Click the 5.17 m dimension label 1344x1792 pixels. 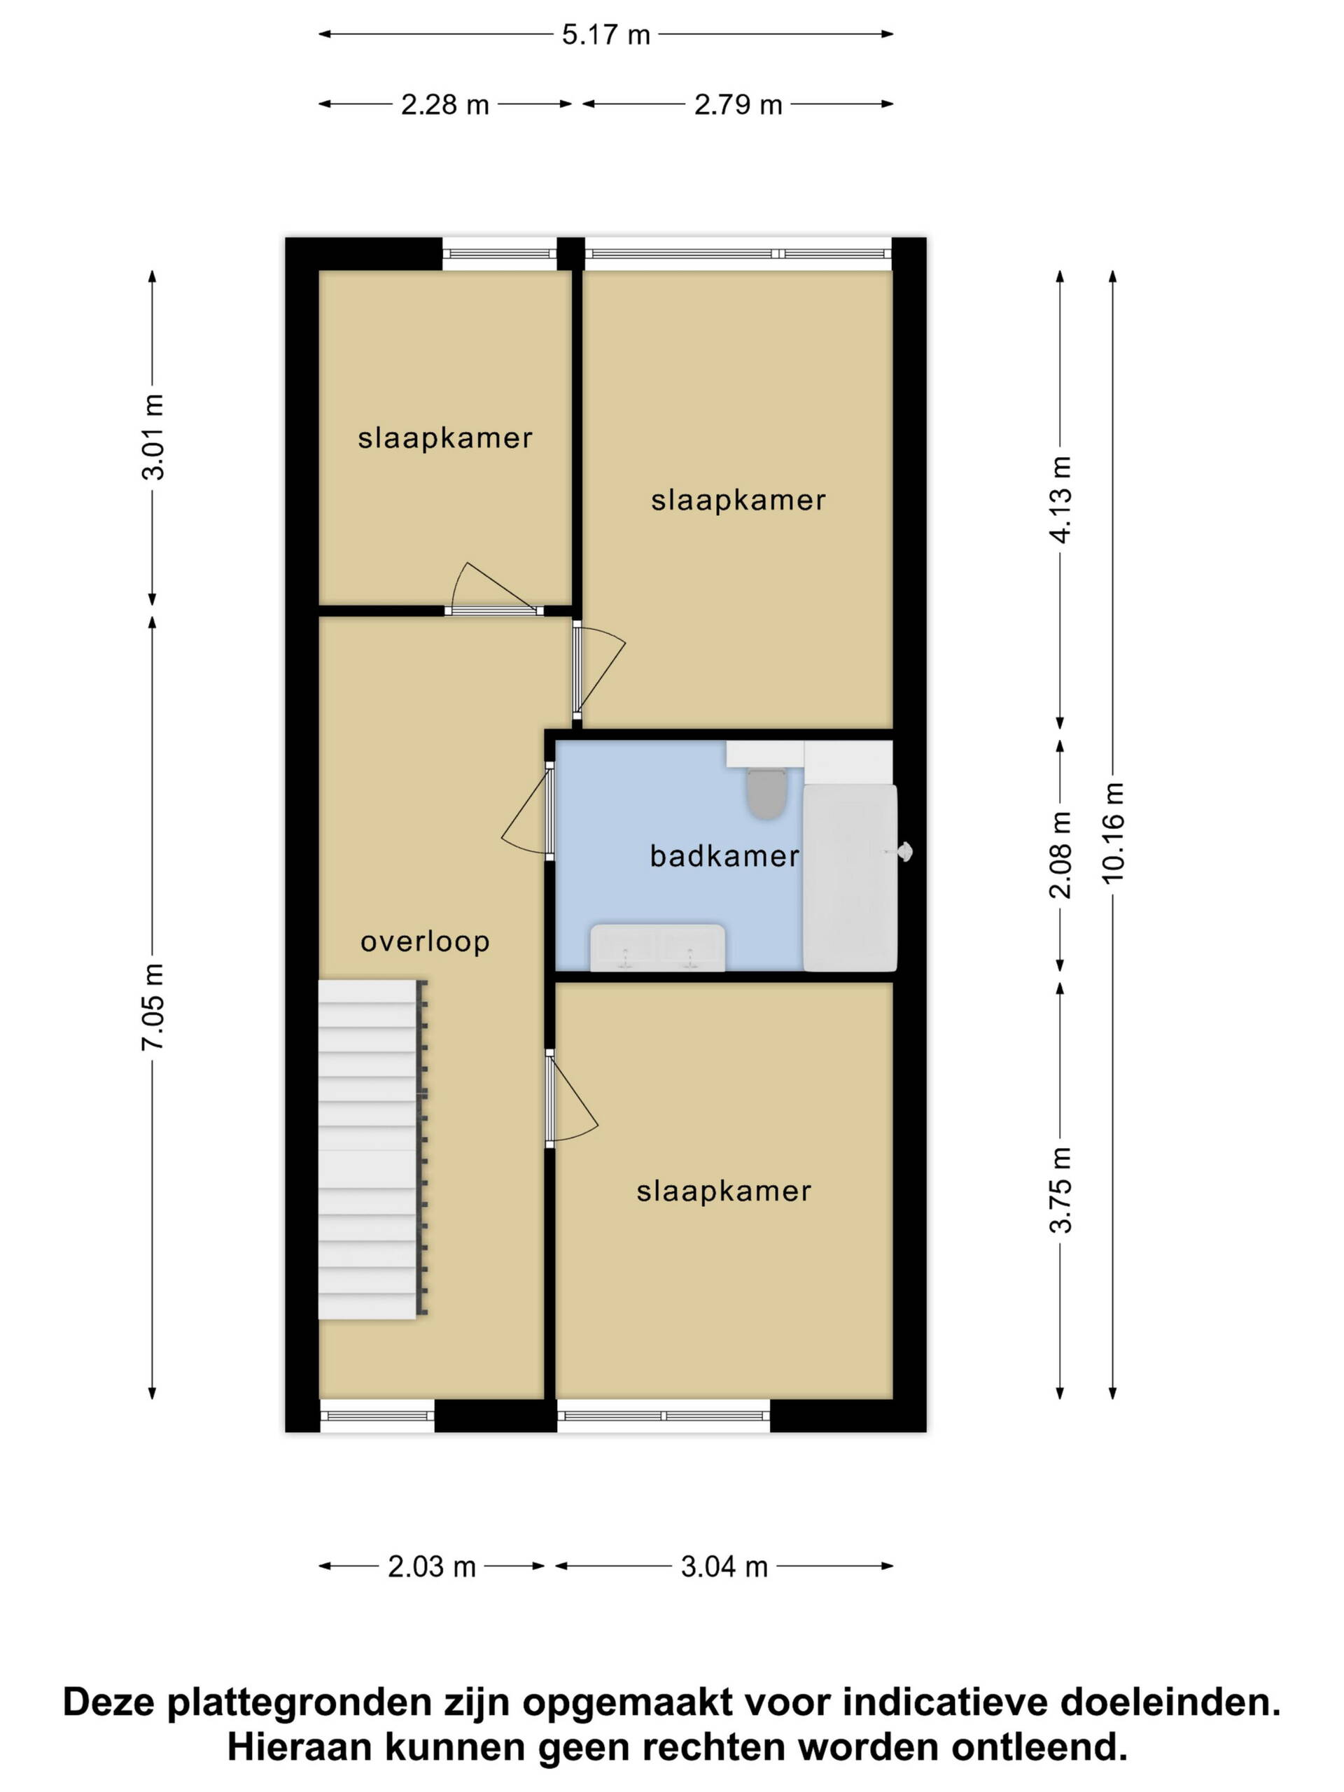pos(606,35)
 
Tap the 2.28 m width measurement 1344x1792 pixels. pos(444,104)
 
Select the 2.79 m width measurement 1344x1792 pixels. pos(738,104)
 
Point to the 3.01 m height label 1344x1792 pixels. pos(153,437)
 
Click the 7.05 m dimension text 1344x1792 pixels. pos(153,1007)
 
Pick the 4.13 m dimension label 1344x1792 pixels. pos(1060,499)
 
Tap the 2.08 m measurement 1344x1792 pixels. pos(1060,855)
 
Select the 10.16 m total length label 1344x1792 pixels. pos(1113,832)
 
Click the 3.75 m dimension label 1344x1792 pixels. pos(1060,1189)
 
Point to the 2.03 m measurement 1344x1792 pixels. pos(432,1567)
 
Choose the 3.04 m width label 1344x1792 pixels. pos(724,1567)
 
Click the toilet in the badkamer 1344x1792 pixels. pos(766,793)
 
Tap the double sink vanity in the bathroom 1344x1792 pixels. pos(657,947)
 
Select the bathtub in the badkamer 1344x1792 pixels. pos(850,877)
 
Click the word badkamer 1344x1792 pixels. pos(724,856)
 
